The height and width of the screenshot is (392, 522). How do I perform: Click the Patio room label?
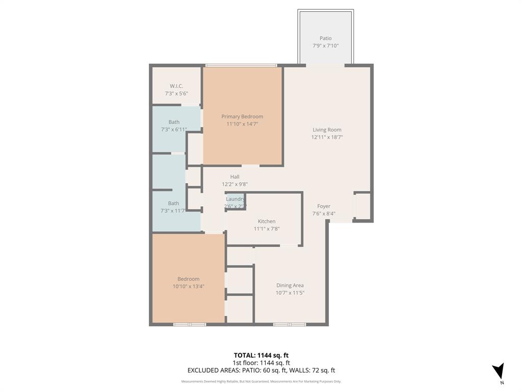pos(325,38)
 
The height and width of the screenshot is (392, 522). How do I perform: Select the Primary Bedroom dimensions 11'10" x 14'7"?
pos(242,124)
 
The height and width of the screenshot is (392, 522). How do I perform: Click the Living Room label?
pos(327,130)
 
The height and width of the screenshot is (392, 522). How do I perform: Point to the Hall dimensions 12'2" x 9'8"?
pos(234,184)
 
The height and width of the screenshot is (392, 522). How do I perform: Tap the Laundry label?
pos(235,199)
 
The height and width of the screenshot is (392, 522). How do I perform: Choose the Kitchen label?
pos(266,221)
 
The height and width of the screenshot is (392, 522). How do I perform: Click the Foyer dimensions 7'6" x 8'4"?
pos(324,214)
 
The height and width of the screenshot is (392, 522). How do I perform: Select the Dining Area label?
pos(290,285)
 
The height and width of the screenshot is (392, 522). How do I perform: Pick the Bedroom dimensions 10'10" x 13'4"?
pos(188,286)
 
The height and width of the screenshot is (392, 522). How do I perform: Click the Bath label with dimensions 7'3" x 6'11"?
pos(174,122)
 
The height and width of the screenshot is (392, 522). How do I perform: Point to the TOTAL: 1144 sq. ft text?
pos(261,355)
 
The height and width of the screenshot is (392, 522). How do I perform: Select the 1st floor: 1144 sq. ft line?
pos(261,363)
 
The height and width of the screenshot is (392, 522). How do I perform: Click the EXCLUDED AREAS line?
pos(261,371)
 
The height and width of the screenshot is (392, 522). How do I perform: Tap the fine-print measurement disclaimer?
pos(261,381)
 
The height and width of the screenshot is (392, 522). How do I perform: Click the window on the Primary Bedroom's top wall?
pos(241,65)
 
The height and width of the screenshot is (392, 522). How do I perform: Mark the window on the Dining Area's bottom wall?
pos(290,324)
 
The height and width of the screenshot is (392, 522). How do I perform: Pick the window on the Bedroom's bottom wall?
pos(190,324)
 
